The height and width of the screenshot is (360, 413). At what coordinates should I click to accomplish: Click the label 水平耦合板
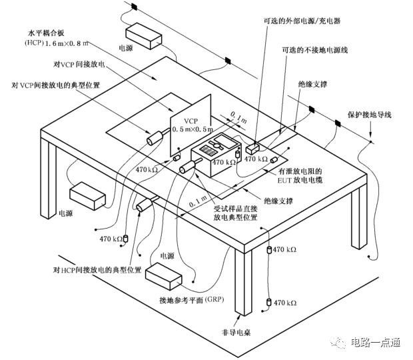pyautogui.click(x=46, y=33)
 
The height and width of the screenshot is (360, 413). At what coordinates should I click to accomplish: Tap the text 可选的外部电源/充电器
pyautogui.click(x=302, y=21)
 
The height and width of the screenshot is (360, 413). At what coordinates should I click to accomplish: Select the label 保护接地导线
pyautogui.click(x=369, y=115)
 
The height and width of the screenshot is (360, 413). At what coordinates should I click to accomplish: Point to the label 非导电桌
pyautogui.click(x=236, y=333)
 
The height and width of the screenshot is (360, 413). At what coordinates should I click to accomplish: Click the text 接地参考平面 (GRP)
pyautogui.click(x=191, y=300)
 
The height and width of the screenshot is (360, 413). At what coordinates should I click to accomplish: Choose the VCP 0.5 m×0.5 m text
pyautogui.click(x=192, y=125)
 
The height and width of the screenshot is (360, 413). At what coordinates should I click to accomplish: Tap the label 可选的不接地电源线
pyautogui.click(x=315, y=50)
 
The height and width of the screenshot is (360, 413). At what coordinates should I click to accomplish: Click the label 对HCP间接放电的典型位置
pyautogui.click(x=97, y=270)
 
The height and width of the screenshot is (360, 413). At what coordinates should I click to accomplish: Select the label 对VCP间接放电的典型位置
pyautogui.click(x=55, y=85)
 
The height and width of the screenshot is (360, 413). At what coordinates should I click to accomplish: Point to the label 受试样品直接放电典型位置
pyautogui.click(x=235, y=213)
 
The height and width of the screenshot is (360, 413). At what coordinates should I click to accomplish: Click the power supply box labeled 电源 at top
pyautogui.click(x=143, y=36)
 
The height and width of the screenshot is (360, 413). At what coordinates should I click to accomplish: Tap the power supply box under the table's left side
pyautogui.click(x=88, y=196)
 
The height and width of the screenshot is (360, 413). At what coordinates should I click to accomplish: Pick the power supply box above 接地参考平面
pyautogui.click(x=164, y=275)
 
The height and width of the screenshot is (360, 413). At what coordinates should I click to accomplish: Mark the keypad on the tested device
pyautogui.click(x=208, y=151)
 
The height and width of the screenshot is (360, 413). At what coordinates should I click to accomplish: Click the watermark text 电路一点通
pyautogui.click(x=375, y=343)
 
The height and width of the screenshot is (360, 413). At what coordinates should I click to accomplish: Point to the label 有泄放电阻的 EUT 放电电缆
pyautogui.click(x=300, y=176)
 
